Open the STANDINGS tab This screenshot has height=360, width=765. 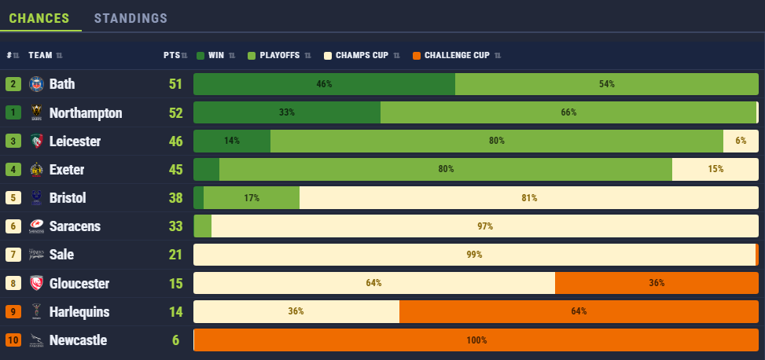[131, 17]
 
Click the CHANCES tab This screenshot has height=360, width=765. [39, 17]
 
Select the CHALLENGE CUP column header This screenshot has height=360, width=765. [457, 55]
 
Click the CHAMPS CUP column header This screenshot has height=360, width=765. [362, 55]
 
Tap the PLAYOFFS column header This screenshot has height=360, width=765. [281, 55]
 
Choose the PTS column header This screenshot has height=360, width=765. [171, 55]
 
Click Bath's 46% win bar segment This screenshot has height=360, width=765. [324, 84]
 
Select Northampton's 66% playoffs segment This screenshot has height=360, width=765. [568, 112]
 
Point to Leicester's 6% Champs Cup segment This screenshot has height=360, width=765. [741, 141]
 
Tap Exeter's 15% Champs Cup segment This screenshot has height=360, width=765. [715, 169]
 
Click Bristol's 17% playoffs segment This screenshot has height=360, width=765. [252, 198]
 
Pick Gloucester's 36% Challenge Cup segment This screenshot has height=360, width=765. [657, 283]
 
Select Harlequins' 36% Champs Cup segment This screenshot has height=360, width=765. [296, 311]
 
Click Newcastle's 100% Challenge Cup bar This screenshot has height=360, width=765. [476, 340]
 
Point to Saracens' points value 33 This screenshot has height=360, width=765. [175, 226]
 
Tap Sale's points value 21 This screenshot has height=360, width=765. [175, 255]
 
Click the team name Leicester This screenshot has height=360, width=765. [75, 141]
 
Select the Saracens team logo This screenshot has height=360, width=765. [36, 226]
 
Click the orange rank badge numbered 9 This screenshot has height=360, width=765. [13, 312]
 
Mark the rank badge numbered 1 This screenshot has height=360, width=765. [13, 112]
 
